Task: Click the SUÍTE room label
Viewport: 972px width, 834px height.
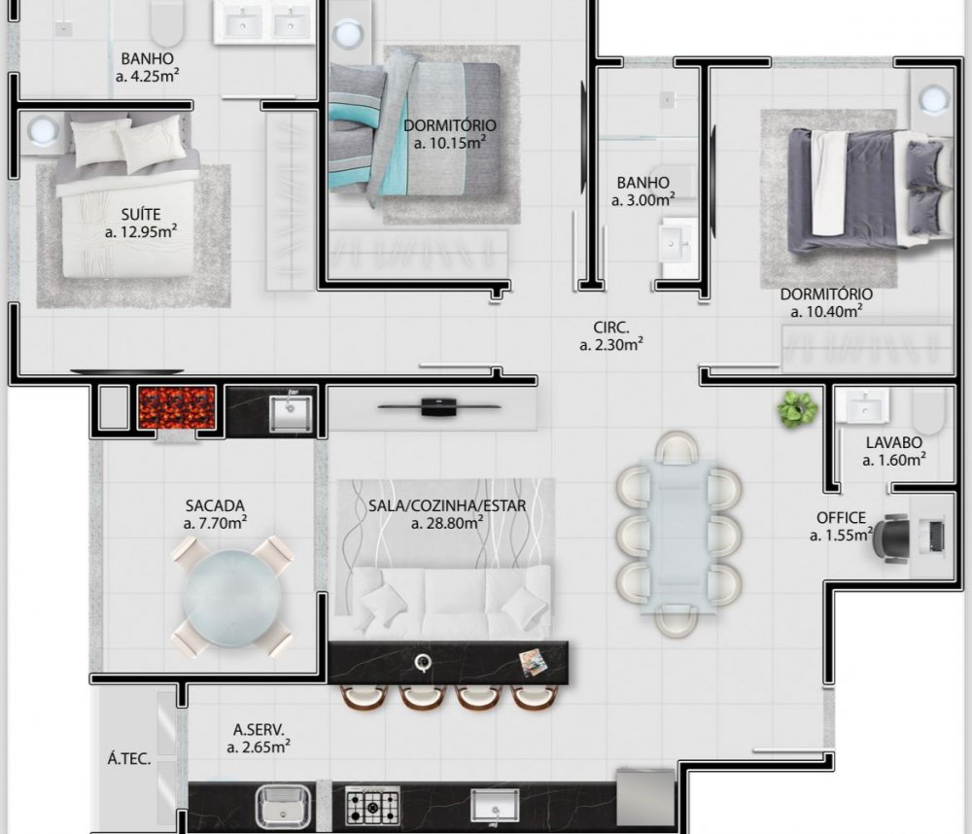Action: tap(141, 215)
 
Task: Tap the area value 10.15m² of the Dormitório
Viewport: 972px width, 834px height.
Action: tap(450, 143)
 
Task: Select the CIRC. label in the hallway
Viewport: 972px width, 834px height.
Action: tap(611, 328)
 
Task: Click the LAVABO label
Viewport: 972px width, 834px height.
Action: tap(894, 442)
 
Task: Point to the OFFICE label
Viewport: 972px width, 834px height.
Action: tap(841, 518)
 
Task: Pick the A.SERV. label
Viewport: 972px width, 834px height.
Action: tap(259, 730)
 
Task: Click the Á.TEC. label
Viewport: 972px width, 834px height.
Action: tap(129, 758)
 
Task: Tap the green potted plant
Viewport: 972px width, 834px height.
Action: tap(797, 408)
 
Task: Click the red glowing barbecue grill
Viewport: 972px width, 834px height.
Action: tap(177, 407)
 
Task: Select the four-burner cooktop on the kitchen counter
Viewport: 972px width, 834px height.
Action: tap(372, 806)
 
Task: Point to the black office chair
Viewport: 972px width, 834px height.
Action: tap(890, 538)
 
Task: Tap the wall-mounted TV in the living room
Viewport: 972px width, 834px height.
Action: tap(439, 407)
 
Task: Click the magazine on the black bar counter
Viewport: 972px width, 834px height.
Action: tap(533, 662)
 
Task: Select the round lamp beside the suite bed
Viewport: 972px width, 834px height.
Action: tap(42, 131)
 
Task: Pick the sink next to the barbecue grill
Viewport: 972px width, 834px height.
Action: tap(291, 413)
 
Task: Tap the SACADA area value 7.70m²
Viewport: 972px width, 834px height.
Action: tap(215, 523)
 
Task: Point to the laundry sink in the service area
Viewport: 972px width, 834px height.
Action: tap(283, 806)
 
